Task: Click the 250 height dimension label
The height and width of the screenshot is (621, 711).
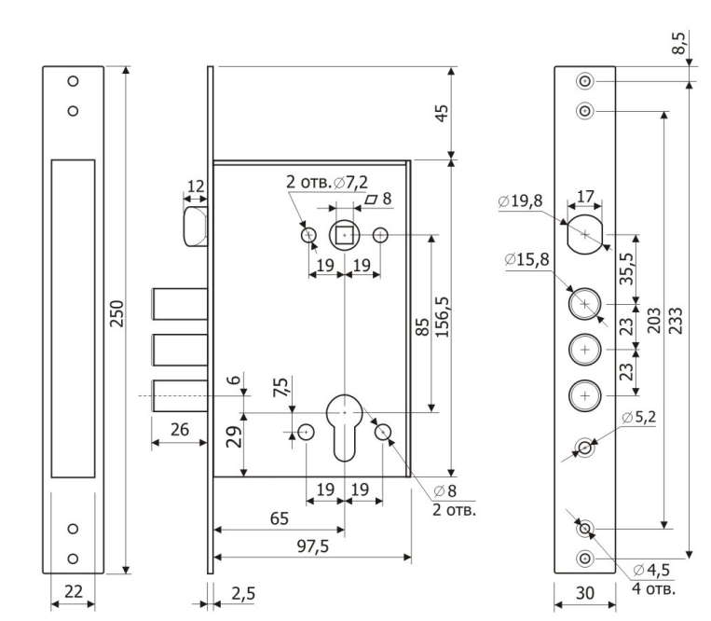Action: tap(117, 319)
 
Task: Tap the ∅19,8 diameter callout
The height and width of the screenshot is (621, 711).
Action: tap(521, 200)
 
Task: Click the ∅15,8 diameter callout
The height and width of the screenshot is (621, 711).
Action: tap(527, 257)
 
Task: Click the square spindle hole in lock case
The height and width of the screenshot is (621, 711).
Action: tap(346, 236)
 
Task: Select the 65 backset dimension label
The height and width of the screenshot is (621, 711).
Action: tap(278, 518)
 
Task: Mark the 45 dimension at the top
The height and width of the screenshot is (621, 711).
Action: tap(443, 113)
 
